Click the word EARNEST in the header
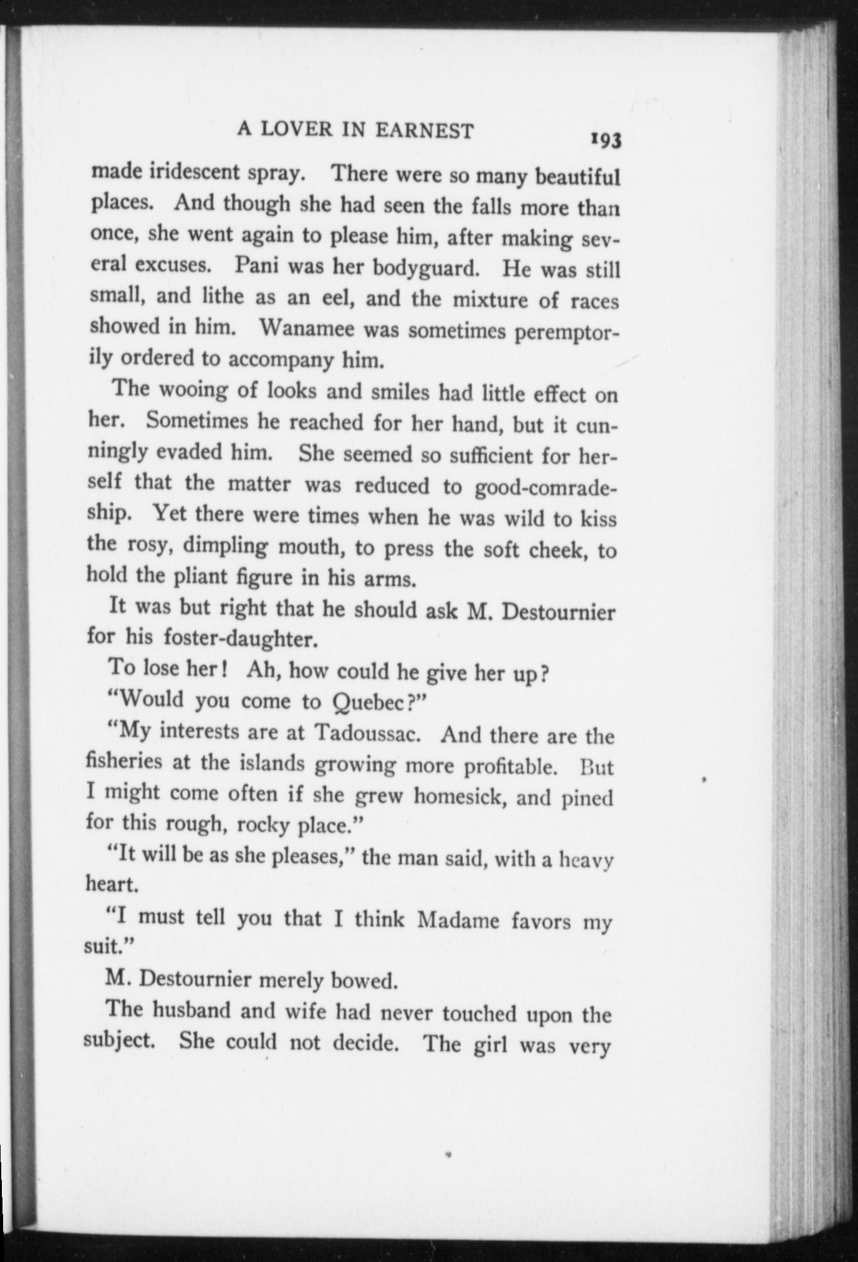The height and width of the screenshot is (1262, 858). coord(425,130)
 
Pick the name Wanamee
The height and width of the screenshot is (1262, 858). coord(306,327)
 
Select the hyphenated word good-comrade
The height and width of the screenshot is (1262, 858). coord(545,488)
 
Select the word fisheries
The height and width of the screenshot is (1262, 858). coord(124,760)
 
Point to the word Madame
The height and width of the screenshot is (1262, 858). coord(458,920)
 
